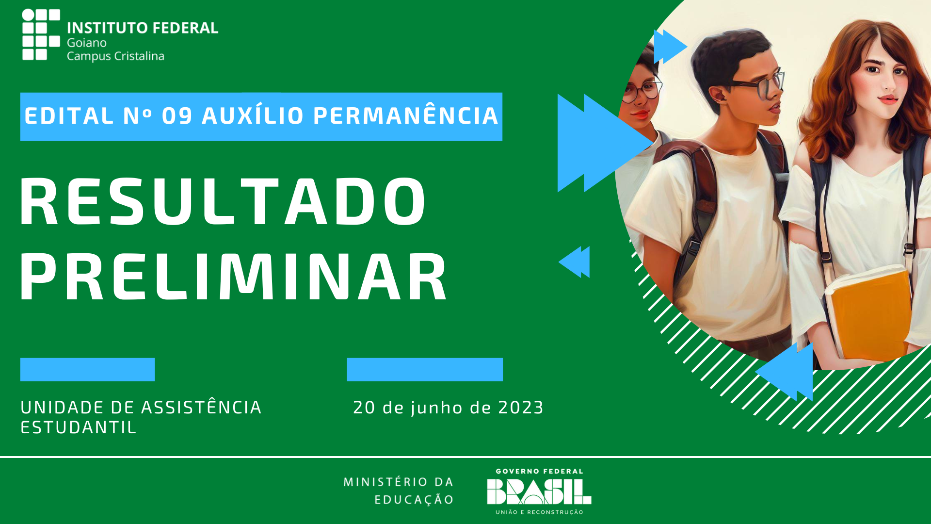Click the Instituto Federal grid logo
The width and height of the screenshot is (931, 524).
pos(41,34)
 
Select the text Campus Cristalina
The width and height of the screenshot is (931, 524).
pos(115,56)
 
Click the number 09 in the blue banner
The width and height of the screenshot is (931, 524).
pos(177,116)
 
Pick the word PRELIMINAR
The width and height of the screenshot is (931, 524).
pos(233,277)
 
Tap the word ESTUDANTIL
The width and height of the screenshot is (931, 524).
pos(79,427)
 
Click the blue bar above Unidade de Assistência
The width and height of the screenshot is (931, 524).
pos(87,370)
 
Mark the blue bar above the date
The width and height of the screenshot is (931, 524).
pos(425,370)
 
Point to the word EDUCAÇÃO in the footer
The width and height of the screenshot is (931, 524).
pos(414,500)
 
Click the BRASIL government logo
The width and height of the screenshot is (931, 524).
pos(539,491)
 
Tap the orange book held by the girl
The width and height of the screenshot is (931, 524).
pos(868,315)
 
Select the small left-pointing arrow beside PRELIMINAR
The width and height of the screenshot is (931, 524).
pos(574,262)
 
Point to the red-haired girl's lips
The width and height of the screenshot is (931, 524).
pos(888,99)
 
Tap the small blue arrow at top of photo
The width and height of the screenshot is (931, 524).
pos(670,47)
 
